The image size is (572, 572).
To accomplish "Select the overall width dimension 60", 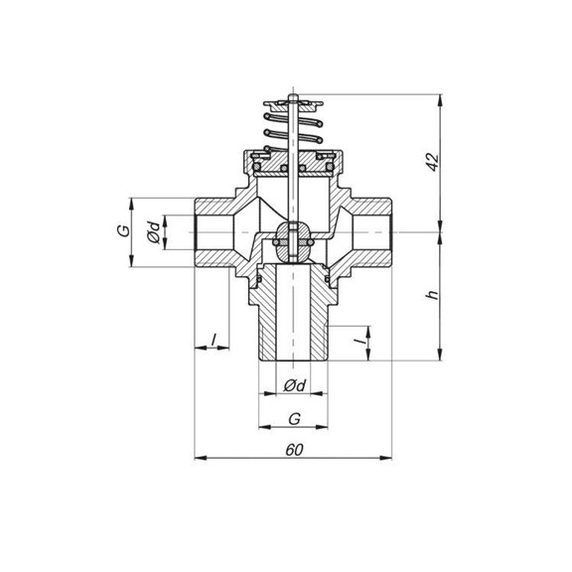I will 294,449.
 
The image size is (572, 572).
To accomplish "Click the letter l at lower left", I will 212,340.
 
